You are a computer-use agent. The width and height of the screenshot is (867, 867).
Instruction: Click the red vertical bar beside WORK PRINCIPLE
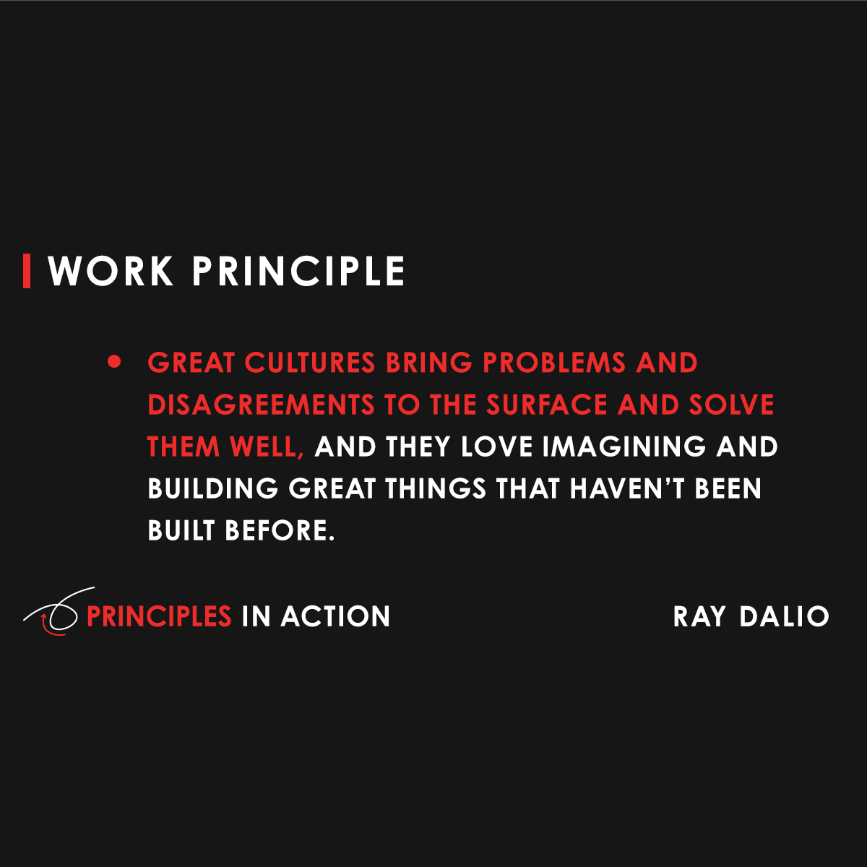pyautogui.click(x=27, y=271)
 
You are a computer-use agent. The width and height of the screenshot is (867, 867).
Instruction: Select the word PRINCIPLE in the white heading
pyautogui.click(x=298, y=272)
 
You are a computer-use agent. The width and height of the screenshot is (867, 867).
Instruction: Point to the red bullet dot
pyautogui.click(x=114, y=361)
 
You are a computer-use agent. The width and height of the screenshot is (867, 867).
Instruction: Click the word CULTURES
pyautogui.click(x=310, y=363)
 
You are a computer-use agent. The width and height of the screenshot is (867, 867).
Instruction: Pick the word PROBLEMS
pyautogui.click(x=554, y=363)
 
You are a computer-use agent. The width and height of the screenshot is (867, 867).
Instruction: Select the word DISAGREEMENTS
pyautogui.click(x=261, y=405)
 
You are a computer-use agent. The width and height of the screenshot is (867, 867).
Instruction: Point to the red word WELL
pyautogui.click(x=266, y=447)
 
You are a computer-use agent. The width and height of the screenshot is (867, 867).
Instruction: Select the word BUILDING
pyautogui.click(x=212, y=489)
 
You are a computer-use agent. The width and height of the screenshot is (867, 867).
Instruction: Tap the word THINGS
pyautogui.click(x=435, y=489)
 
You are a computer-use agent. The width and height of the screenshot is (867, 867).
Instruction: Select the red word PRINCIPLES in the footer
pyautogui.click(x=159, y=616)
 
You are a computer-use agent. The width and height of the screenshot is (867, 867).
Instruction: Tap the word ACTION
pyautogui.click(x=335, y=616)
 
